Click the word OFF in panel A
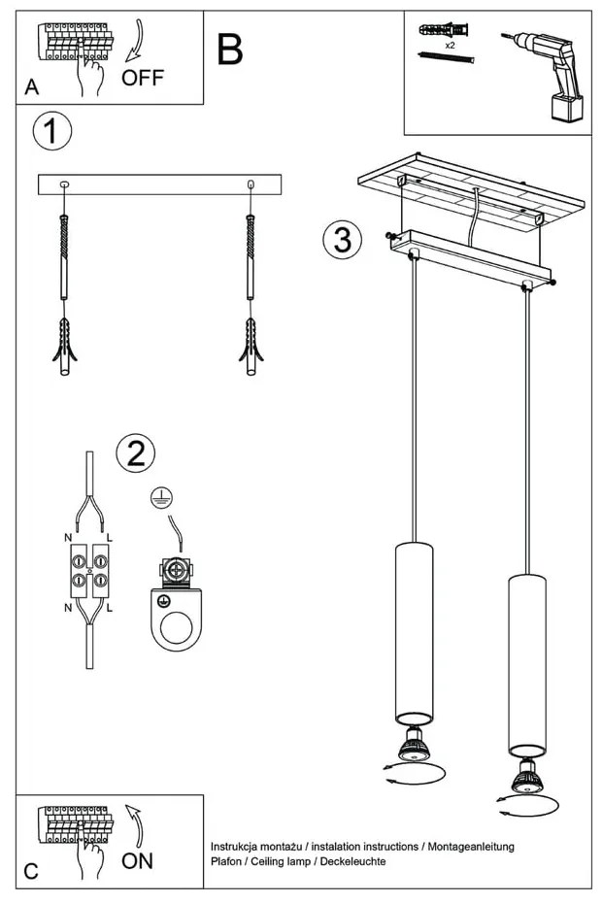point(143,78)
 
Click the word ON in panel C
point(137,860)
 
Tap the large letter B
point(230,50)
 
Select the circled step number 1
point(51,133)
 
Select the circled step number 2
point(136,451)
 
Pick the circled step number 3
point(342,239)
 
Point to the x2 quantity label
point(451,46)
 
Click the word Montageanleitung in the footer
point(468,847)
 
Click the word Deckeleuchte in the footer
point(354,861)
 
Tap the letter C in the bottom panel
point(31,870)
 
